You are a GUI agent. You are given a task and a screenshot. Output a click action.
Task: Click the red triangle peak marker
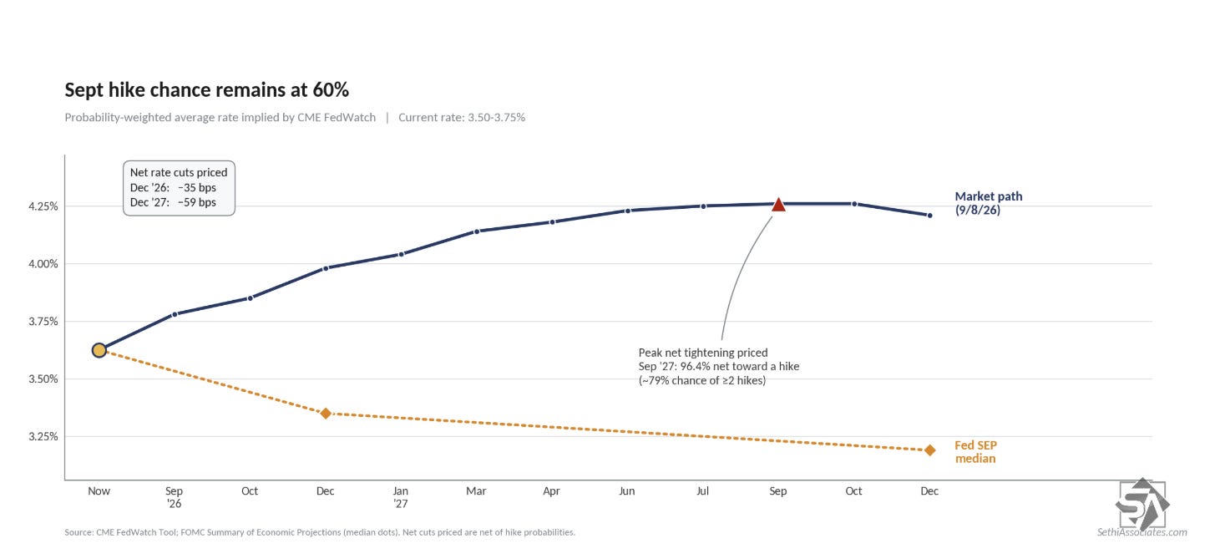tap(778, 205)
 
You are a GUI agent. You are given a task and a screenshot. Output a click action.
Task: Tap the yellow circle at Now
tap(99, 350)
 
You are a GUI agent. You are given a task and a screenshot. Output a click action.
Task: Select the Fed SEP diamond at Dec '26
tap(326, 414)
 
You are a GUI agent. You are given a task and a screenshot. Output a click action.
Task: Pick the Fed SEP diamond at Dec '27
tap(929, 450)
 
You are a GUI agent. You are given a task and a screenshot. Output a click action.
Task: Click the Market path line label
tap(989, 203)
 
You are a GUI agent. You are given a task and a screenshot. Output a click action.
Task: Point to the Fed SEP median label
tap(975, 452)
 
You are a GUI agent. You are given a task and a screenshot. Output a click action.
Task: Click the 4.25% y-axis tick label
tap(43, 206)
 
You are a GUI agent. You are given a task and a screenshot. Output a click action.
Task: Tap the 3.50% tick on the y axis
tap(43, 379)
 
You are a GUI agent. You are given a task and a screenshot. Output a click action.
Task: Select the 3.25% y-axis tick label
tap(43, 437)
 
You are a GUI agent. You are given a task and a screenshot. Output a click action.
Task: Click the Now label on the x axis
tap(99, 490)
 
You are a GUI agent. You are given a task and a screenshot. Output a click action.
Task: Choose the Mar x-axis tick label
tap(476, 490)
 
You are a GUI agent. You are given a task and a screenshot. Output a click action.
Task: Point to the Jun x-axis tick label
tap(626, 490)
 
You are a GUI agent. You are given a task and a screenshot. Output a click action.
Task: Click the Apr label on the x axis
tap(551, 490)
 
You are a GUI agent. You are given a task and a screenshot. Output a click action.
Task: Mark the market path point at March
tap(477, 231)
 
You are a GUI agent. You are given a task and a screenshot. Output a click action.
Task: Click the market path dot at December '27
tap(929, 216)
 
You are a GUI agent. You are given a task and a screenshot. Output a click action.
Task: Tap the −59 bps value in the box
tap(196, 202)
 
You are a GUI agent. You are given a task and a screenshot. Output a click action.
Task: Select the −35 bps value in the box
tap(196, 188)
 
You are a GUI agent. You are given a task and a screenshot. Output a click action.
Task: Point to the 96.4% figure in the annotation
tap(696, 367)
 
